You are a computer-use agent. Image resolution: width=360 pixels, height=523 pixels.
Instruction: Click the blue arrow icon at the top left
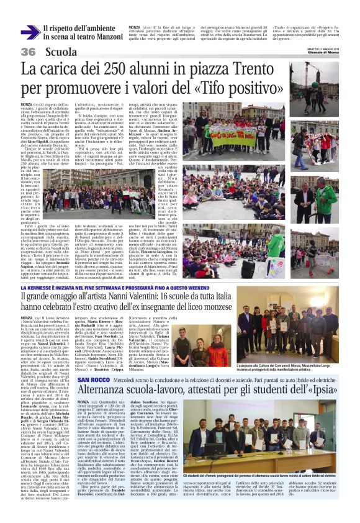[29, 32]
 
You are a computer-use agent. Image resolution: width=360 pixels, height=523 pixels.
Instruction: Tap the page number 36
[28, 52]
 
